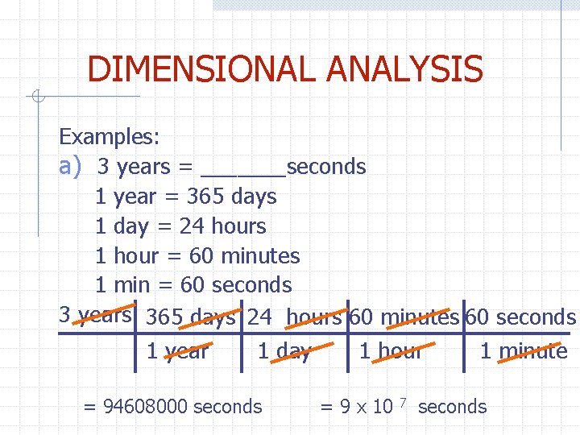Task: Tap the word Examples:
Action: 110,137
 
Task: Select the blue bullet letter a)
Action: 71,166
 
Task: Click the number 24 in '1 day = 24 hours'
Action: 192,226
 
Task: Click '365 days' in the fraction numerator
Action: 191,317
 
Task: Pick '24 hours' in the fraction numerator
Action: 295,317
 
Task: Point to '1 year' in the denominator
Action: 177,351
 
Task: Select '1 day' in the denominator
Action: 284,351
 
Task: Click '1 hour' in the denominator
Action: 391,351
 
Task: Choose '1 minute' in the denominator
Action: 524,351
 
